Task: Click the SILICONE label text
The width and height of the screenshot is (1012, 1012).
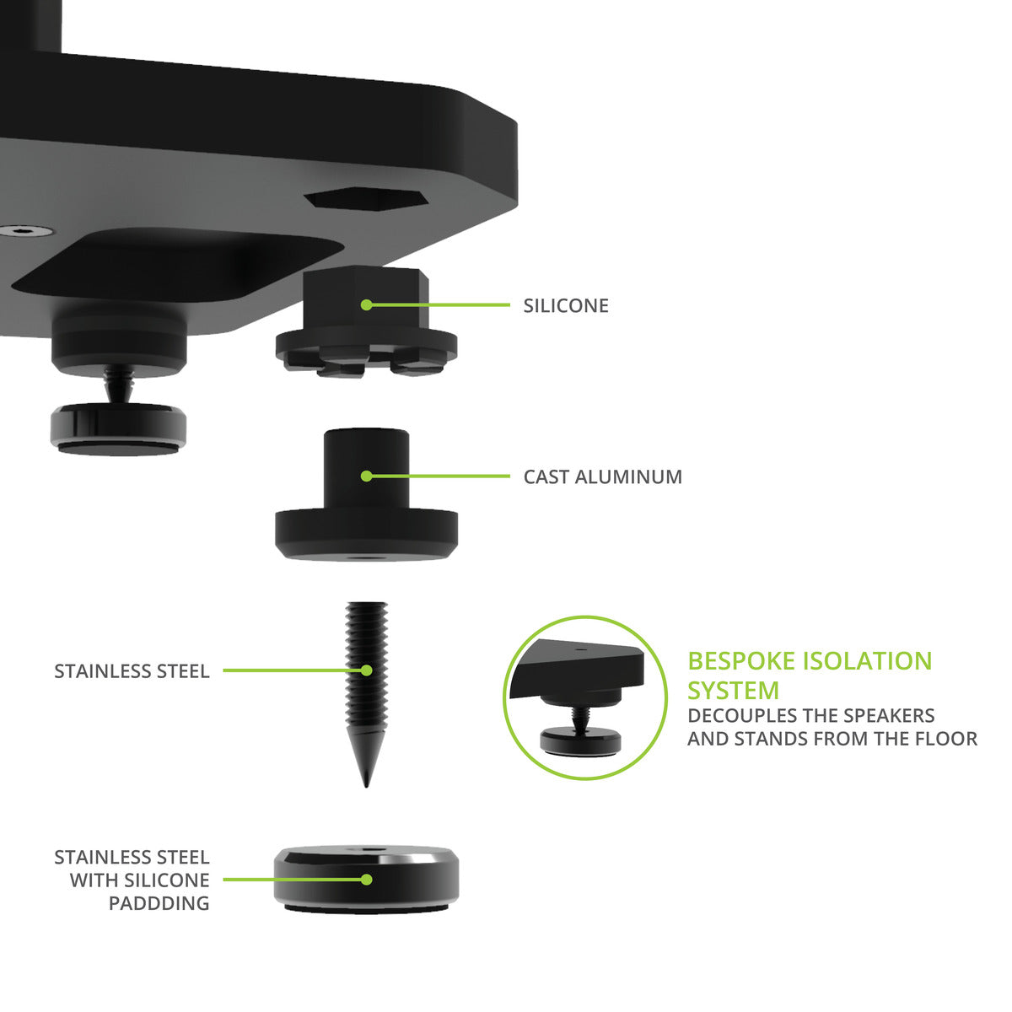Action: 565,305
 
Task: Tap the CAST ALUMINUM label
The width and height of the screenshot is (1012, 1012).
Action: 602,476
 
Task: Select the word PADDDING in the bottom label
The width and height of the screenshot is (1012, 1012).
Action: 159,903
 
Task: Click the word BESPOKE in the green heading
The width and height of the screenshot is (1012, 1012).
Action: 740,661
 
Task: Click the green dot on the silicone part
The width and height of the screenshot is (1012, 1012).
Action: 366,305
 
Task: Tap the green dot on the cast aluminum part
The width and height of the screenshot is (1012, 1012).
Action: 366,476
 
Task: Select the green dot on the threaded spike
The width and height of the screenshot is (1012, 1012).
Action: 366,670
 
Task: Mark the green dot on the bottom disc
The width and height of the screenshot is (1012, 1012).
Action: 366,879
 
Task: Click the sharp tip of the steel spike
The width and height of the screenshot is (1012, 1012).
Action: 366,784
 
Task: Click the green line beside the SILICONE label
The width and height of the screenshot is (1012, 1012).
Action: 439,305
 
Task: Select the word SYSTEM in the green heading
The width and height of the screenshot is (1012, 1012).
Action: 733,691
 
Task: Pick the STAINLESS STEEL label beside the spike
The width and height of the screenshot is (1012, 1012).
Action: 132,671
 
